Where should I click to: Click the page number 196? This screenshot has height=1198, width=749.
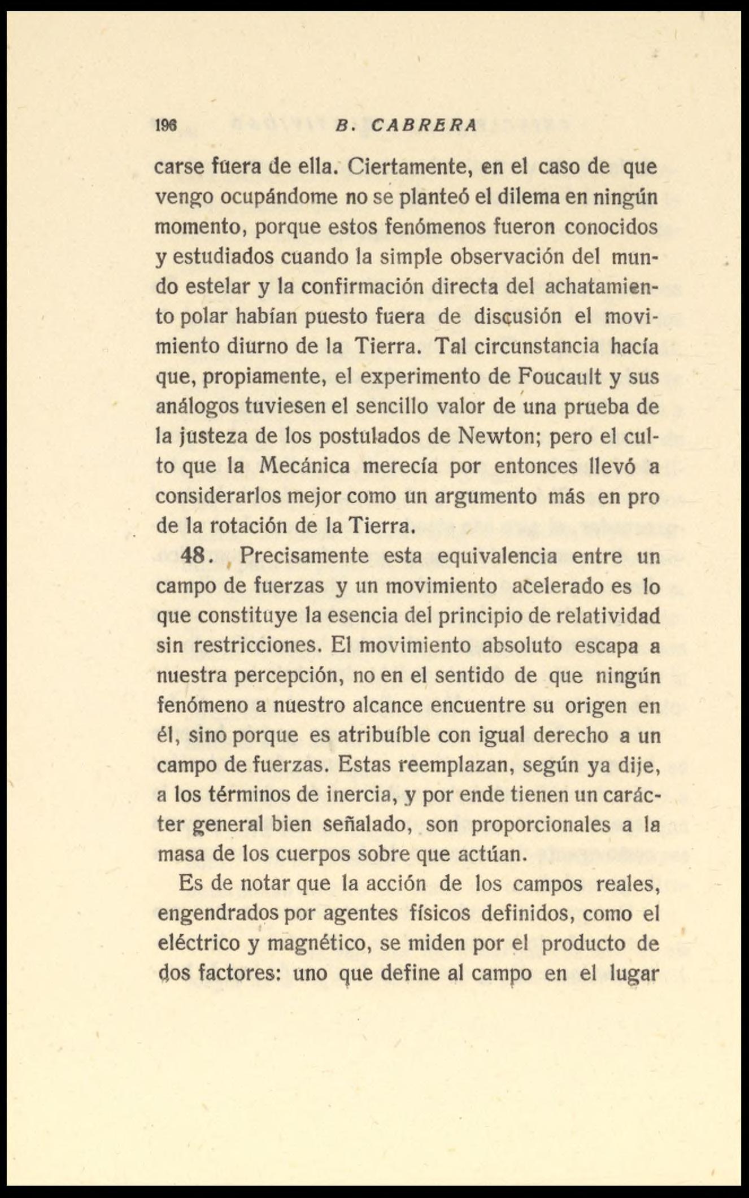coord(167,126)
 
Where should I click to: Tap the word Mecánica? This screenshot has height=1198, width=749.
coord(305,466)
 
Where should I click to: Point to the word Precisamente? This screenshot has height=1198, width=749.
coord(304,556)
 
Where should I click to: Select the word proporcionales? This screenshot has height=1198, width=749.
coord(541,825)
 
